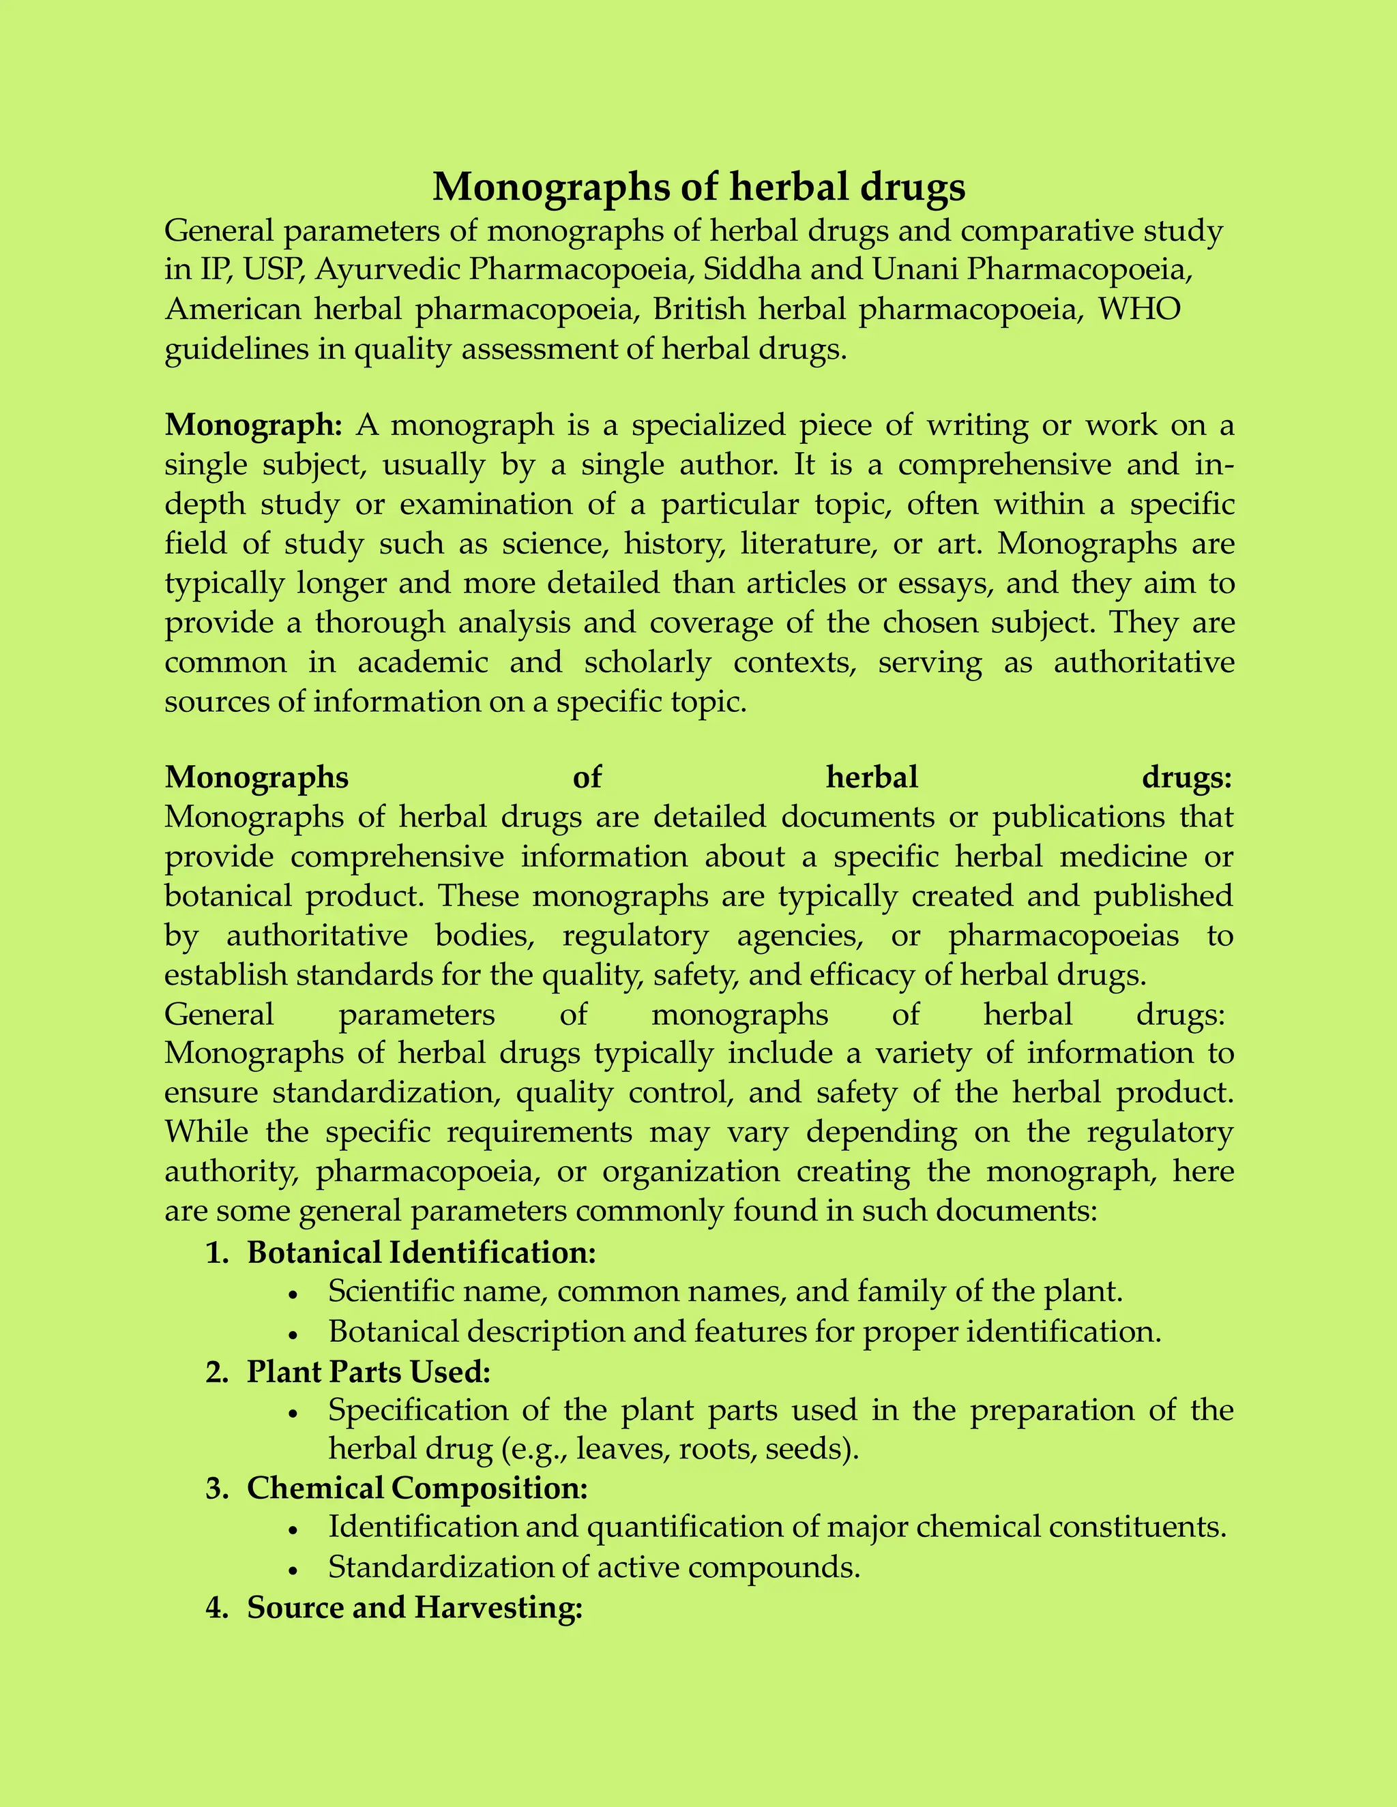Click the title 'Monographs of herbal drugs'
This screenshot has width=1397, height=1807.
pos(698,187)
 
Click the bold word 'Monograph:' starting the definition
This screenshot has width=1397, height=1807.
pos(253,425)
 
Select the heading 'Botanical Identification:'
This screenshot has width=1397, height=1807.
pos(422,1253)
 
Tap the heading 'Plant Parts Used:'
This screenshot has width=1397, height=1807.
pos(368,1372)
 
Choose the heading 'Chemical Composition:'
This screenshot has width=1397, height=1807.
pos(417,1488)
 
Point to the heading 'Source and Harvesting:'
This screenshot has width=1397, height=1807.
pos(415,1607)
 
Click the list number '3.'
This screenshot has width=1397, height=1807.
pos(217,1489)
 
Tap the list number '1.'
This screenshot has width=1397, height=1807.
pos(217,1253)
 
